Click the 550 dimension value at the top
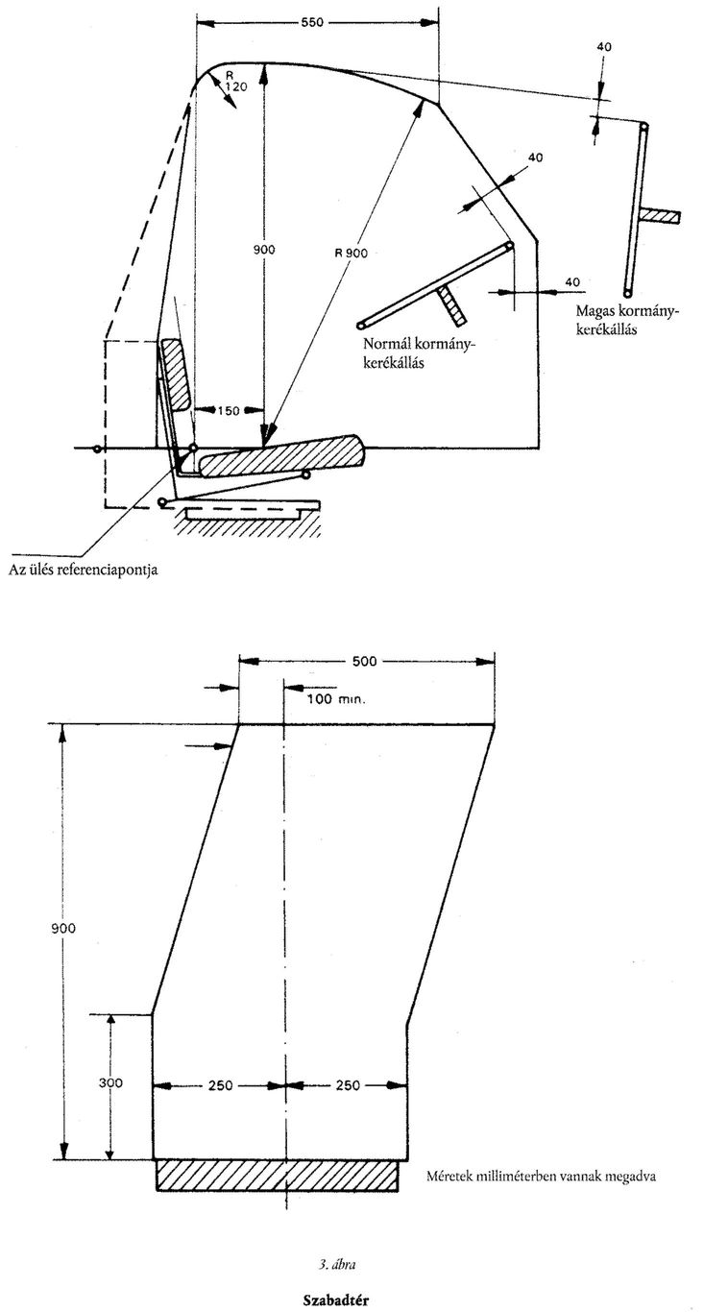pos(312,23)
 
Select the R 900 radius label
pos(351,253)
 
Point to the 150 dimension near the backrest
pos(228,410)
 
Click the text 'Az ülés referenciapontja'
pos(83,570)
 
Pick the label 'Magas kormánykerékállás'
pos(626,319)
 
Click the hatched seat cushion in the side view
pos(281,455)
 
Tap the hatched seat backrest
pos(176,374)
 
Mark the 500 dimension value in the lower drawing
pos(364,661)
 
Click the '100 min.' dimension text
pos(335,698)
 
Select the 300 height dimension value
pos(110,1083)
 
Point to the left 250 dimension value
pos(220,1085)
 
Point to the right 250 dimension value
pos(348,1085)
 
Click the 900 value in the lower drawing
pos(64,929)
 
